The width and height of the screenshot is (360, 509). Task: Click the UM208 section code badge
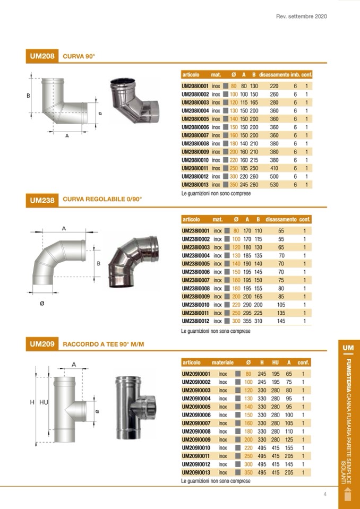point(42,56)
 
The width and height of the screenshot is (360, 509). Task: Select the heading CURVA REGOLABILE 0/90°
point(102,199)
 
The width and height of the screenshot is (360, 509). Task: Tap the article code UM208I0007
point(195,135)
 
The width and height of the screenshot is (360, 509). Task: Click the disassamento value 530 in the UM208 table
point(274,185)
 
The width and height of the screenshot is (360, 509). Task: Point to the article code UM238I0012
point(196,321)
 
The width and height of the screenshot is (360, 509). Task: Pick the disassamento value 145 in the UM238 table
point(281,321)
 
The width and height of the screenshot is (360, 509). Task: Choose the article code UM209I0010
point(196,448)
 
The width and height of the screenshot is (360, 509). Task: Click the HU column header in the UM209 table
point(275,363)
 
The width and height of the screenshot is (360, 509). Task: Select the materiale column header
point(222,363)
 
